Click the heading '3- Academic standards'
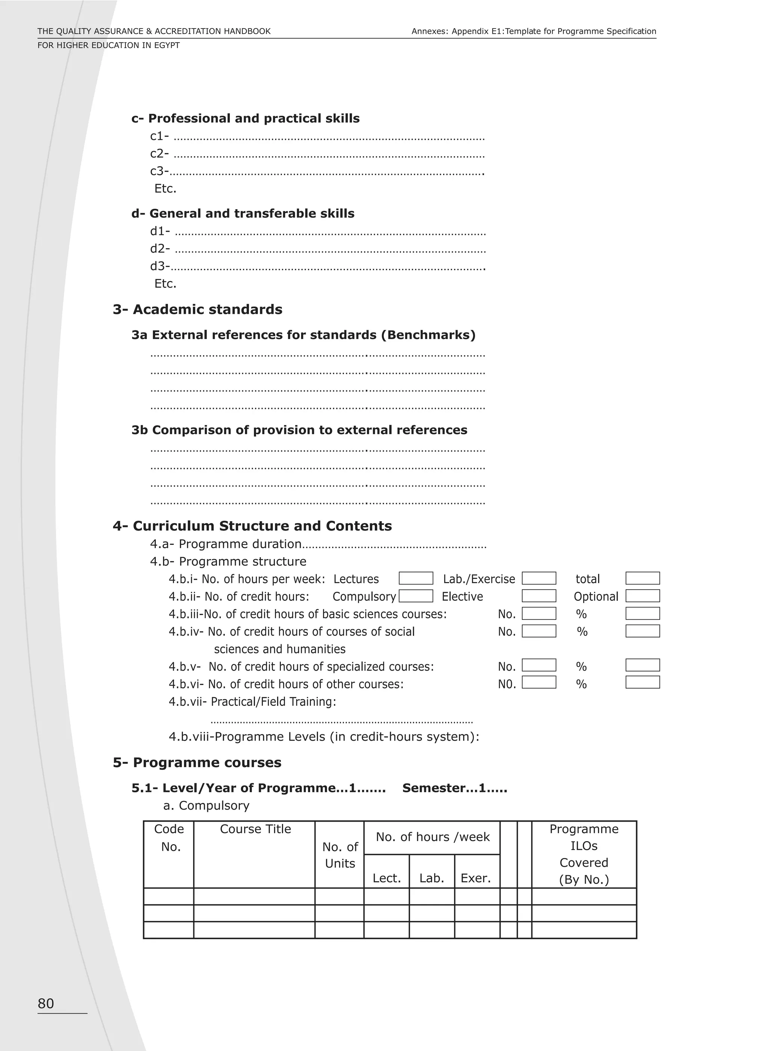click(198, 309)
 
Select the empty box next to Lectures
click(416, 578)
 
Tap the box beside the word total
click(642, 578)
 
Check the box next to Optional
click(642, 596)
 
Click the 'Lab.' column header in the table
click(431, 878)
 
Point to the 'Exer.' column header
click(476, 878)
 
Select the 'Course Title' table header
click(255, 829)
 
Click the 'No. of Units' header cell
click(340, 855)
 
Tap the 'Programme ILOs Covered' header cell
click(584, 854)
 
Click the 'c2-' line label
click(159, 154)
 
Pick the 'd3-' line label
click(159, 266)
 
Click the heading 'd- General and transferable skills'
click(243, 214)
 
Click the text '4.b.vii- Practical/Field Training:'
click(252, 701)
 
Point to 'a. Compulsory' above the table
click(206, 806)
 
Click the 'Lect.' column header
click(386, 878)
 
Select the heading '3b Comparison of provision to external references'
click(299, 430)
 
